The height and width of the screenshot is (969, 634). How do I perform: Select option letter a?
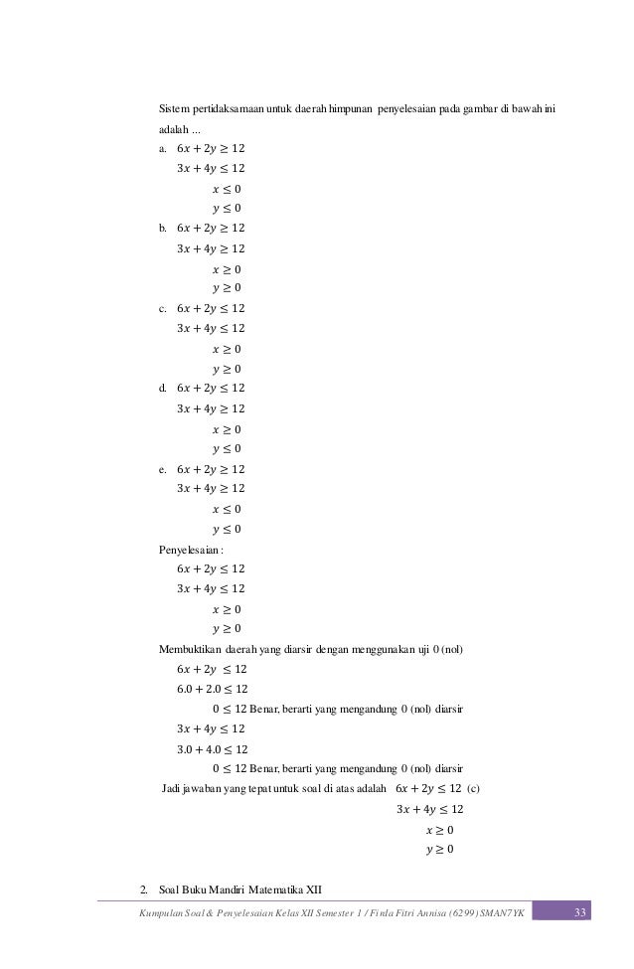tap(163, 149)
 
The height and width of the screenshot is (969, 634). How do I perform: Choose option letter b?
tap(163, 229)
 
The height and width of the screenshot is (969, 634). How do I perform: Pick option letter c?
tap(163, 308)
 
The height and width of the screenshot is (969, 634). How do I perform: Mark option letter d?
tap(163, 389)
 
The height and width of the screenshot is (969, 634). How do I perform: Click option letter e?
tap(163, 469)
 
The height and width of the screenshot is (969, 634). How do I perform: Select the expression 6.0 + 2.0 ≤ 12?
tap(212, 689)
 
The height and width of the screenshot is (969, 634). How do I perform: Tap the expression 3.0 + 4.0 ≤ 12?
tap(212, 749)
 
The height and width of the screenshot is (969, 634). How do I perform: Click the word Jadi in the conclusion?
tap(171, 789)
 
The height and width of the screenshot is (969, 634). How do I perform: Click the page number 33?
tap(582, 911)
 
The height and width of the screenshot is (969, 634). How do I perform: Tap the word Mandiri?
tap(225, 888)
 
